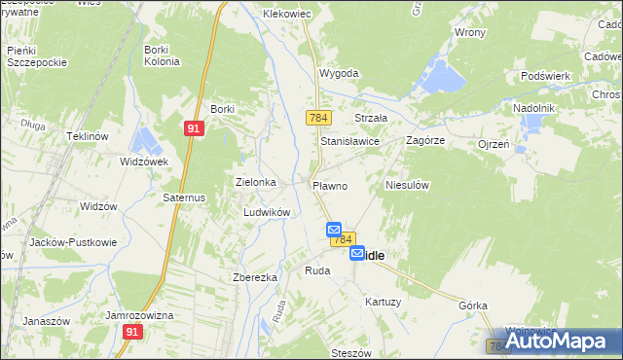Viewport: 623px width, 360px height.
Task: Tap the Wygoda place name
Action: point(339,73)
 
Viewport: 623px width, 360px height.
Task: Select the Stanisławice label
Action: point(349,140)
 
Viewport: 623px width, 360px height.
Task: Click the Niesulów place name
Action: point(408,184)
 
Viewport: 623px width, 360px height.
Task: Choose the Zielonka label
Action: point(256,182)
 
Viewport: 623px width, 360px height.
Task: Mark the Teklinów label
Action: point(86,136)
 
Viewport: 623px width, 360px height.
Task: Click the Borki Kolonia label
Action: point(162,55)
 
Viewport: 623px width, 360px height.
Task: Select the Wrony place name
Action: point(470,32)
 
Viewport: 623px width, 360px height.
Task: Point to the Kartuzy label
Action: point(383,302)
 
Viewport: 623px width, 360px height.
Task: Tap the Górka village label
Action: point(473,305)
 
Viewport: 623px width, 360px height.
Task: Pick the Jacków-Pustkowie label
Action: point(73,242)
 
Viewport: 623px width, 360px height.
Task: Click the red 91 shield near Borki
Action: point(195,127)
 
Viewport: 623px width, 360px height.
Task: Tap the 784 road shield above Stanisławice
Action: point(317,118)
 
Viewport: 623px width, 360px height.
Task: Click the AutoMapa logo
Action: point(555,341)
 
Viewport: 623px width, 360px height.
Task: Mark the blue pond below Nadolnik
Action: point(531,124)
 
